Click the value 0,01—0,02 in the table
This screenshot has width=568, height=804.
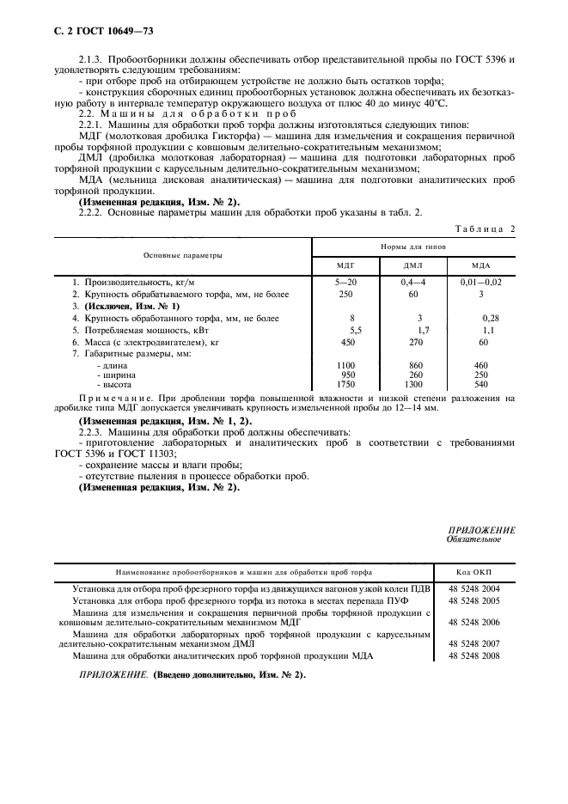(x=481, y=283)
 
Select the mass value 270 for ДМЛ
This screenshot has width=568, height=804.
(x=418, y=342)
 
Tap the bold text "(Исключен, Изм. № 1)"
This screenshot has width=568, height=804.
(x=125, y=307)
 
